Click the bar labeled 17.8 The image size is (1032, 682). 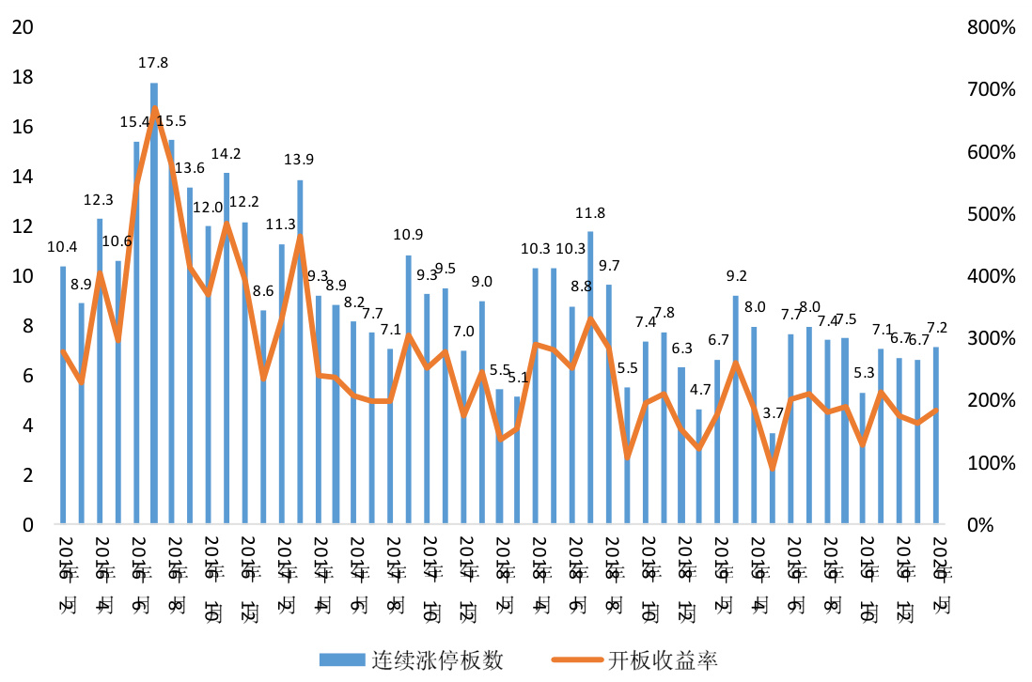tap(154, 301)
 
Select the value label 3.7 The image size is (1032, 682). tap(773, 413)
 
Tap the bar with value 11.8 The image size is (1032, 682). tap(590, 376)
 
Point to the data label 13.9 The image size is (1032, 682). tap(300, 160)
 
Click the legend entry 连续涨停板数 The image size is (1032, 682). tap(410, 659)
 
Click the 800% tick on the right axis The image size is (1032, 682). tap(991, 27)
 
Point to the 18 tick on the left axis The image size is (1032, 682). tap(23, 77)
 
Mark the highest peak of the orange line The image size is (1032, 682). tap(154, 109)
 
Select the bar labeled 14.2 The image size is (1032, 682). tap(227, 348)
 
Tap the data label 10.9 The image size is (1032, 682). tap(409, 235)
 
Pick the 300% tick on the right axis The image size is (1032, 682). tap(991, 338)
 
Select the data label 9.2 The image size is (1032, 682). tap(736, 276)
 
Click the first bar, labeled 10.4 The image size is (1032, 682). tap(63, 395)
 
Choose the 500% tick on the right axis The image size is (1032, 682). tap(991, 213)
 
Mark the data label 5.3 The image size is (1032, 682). tap(864, 373)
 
